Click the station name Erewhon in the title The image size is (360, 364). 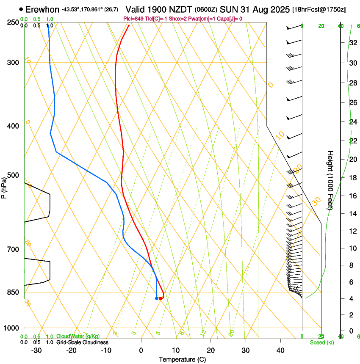coord(42,9)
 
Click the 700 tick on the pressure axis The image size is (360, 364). coord(12,249)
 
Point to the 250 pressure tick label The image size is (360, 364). coord(12,22)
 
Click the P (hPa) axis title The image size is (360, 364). coord(4,186)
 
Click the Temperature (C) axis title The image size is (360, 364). coord(182,359)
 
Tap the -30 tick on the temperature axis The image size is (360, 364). coord(36,350)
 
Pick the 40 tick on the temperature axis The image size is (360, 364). coord(280,350)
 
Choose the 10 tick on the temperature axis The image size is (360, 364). coord(176,350)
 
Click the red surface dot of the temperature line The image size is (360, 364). coord(161,298)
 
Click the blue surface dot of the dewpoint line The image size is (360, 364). coord(157,298)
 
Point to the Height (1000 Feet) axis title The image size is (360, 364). coord(330,180)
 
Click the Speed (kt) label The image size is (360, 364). coord(322,342)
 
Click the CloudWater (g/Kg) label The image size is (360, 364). coord(78,336)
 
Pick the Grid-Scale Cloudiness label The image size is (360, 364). coord(82,342)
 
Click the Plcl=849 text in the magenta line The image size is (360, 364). coord(134,19)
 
